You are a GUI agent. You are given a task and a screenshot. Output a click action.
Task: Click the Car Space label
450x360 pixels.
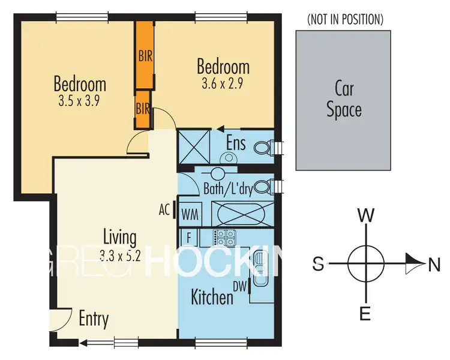[x=344, y=100]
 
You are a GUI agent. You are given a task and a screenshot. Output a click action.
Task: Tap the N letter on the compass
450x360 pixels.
[x=434, y=263]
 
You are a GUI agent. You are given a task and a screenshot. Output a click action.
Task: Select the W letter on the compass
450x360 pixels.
[x=365, y=214]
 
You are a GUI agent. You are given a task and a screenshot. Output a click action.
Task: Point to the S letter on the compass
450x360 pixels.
[x=319, y=263]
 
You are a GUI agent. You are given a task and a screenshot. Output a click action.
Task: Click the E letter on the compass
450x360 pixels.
[x=366, y=313]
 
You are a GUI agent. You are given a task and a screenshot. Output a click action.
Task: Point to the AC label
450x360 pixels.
[x=164, y=211]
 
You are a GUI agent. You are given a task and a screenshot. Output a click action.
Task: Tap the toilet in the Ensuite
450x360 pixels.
[x=264, y=147]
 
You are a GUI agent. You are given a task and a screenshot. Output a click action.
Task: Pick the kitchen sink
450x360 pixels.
[x=260, y=269]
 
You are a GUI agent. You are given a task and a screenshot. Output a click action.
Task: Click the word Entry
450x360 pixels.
[x=93, y=319]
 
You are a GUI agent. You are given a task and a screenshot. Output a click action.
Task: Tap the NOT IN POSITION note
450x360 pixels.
[x=344, y=19]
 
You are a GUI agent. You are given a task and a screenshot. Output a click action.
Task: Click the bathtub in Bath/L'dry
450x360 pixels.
[x=243, y=213]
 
